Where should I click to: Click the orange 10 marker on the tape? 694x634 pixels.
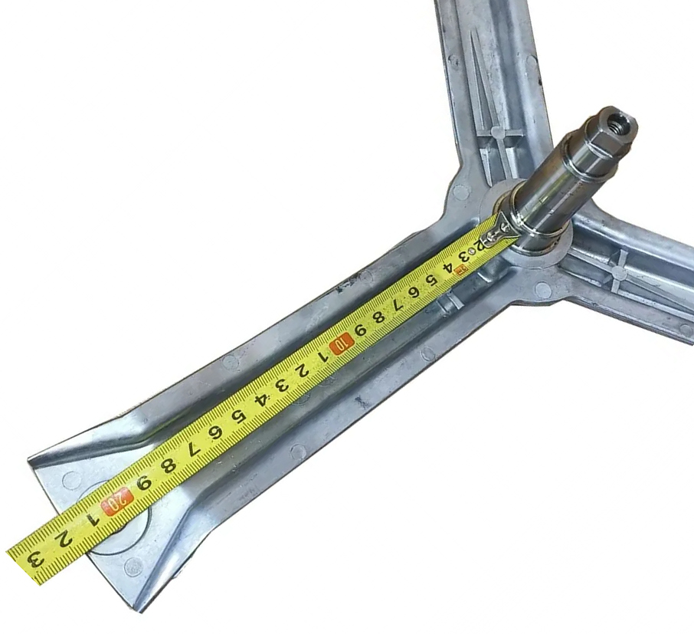pyautogui.click(x=341, y=343)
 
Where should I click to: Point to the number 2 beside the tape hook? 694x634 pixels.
pyautogui.click(x=479, y=245)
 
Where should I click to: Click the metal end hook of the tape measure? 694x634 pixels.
pyautogui.click(x=500, y=230)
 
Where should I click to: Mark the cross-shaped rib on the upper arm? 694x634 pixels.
pyautogui.click(x=496, y=133)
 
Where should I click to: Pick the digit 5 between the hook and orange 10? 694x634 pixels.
pyautogui.click(x=429, y=280)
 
